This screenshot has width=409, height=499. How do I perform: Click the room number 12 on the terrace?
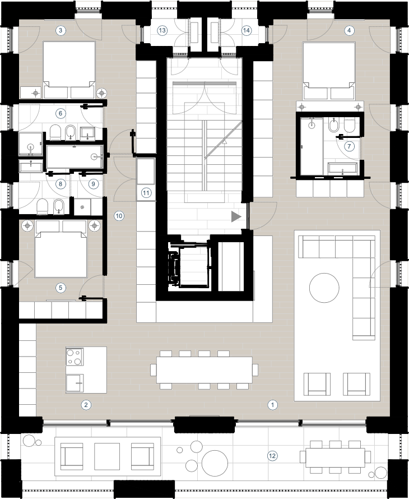(x=272, y=456)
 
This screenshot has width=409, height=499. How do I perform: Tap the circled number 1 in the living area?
(x=272, y=405)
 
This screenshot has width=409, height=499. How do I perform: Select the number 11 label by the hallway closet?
(x=146, y=193)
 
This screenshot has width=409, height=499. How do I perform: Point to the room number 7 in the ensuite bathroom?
(x=349, y=146)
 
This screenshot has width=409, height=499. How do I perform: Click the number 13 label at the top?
(x=162, y=30)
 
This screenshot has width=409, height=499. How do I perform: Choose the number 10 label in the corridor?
(x=119, y=216)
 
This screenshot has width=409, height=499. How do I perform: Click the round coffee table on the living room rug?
(x=324, y=288)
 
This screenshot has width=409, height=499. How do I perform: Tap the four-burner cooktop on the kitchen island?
(x=75, y=357)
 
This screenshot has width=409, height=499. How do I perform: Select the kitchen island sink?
(x=75, y=383)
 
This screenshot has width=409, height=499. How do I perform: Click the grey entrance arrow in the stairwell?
(x=236, y=217)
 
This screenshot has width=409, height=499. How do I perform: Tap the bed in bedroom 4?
(x=329, y=71)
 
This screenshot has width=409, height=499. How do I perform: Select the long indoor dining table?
(x=204, y=370)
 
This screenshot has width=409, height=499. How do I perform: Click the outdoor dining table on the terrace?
(x=335, y=458)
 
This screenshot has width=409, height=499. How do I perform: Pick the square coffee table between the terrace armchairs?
(x=106, y=456)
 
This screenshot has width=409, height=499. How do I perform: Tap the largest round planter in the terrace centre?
(x=215, y=463)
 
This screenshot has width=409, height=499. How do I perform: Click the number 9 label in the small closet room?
(x=93, y=184)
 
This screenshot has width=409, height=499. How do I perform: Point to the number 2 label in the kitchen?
(x=86, y=405)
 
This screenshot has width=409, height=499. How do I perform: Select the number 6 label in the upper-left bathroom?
(x=61, y=113)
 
